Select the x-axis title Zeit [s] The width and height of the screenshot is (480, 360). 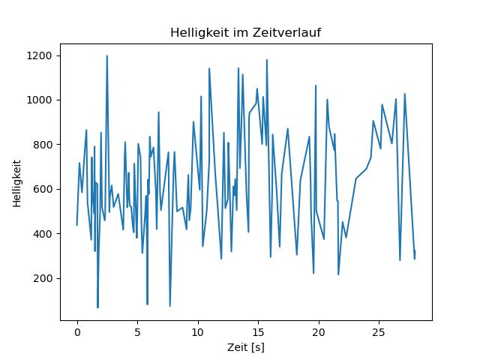(245, 347)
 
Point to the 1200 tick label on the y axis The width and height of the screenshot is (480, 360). (39, 55)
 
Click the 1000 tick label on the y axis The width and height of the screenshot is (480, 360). (39, 100)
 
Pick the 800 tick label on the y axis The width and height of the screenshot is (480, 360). (42, 145)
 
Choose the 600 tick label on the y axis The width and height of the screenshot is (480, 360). (42, 189)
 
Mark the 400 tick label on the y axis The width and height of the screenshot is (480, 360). (42, 234)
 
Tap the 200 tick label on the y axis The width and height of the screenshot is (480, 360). (42, 278)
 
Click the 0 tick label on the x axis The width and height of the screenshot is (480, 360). (76, 330)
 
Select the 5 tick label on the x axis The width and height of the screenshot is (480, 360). (137, 330)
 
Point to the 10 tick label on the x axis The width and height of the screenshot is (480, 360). (198, 330)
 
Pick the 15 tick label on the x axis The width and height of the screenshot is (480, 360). (258, 330)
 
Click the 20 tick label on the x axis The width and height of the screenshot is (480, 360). (319, 330)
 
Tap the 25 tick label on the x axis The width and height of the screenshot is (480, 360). (379, 330)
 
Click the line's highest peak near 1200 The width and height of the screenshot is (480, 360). (107, 55)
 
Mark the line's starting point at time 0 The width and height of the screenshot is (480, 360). (76, 225)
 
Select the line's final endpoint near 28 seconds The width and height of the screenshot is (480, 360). (415, 251)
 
